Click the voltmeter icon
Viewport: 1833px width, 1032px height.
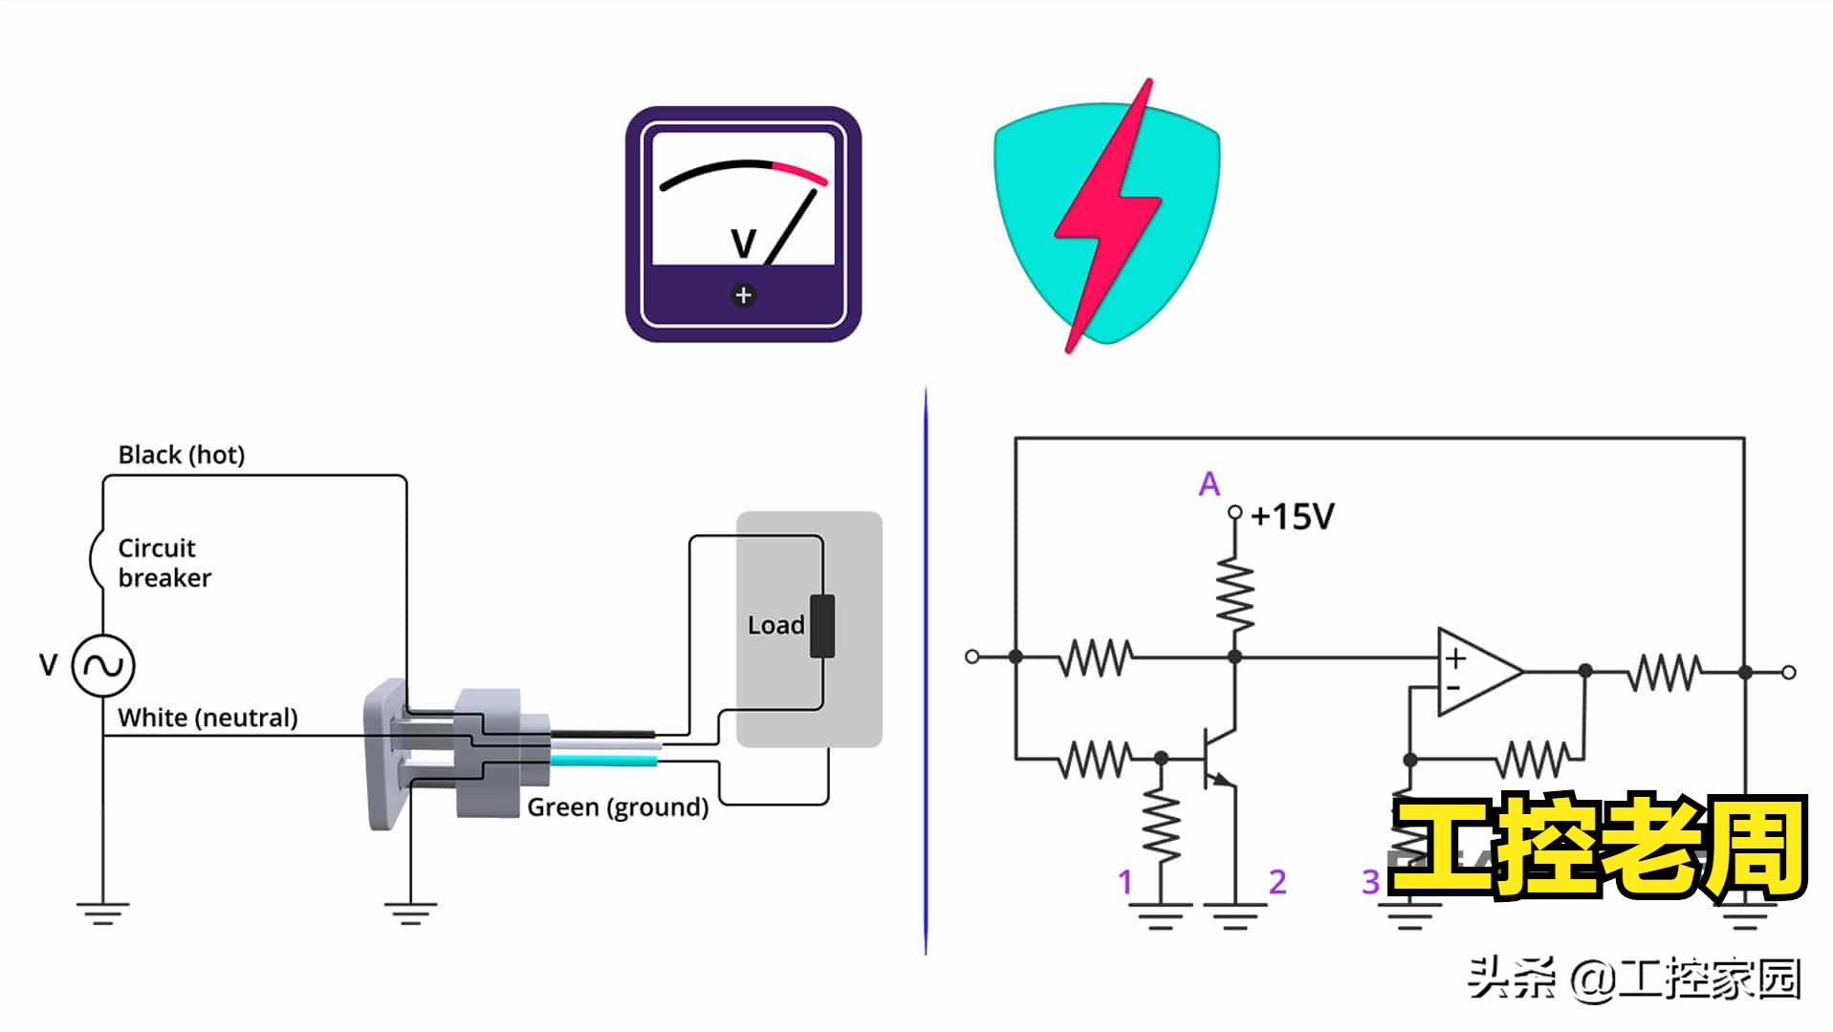[x=743, y=224]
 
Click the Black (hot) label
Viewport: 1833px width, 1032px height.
[x=182, y=455]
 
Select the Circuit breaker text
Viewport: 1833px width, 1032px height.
[x=164, y=563]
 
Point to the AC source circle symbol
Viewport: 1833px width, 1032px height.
[x=103, y=665]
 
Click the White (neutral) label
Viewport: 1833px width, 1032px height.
[x=207, y=718]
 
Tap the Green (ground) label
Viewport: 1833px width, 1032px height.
[x=618, y=807]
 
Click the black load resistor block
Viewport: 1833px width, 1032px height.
[x=822, y=626]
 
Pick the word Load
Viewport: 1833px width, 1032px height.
[x=775, y=626]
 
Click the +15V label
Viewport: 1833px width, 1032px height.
[x=1292, y=517]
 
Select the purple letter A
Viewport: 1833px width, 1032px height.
[x=1210, y=484]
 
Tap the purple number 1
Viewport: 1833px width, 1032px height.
[x=1125, y=882]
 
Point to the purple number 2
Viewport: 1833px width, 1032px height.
[x=1277, y=882]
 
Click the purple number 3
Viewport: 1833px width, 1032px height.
[x=1370, y=882]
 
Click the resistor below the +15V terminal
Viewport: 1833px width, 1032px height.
[x=1235, y=595]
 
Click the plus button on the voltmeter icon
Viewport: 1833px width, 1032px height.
[x=743, y=295]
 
